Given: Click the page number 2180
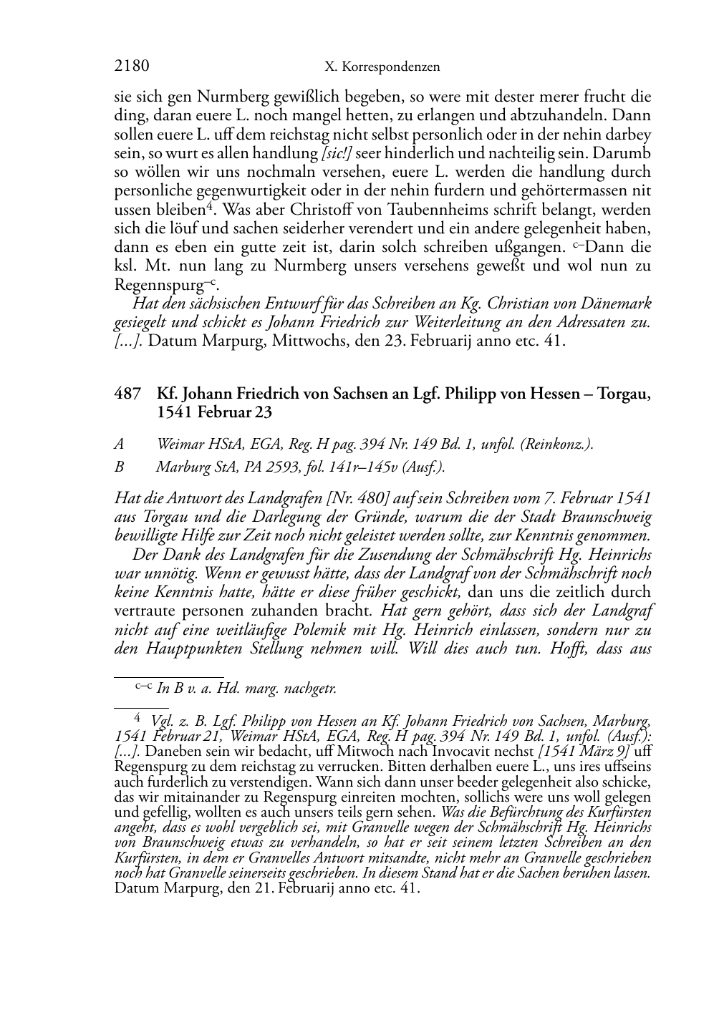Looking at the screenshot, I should coord(132,67).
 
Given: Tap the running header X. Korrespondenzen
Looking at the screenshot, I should coord(382,67).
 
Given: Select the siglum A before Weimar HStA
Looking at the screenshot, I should coord(119,445).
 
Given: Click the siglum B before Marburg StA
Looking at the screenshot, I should coord(119,467).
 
